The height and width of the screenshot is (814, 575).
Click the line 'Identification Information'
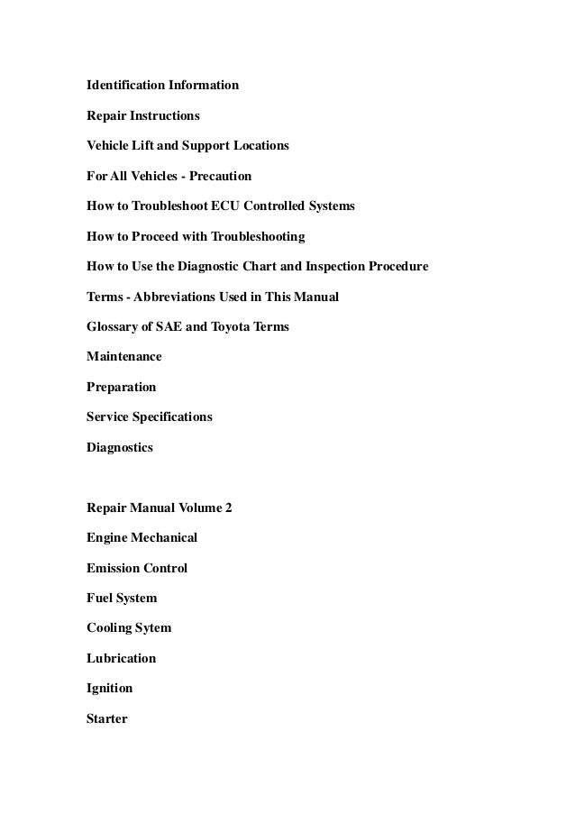tap(162, 86)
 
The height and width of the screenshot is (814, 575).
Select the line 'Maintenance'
tap(124, 357)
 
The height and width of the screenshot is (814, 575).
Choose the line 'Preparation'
tap(121, 388)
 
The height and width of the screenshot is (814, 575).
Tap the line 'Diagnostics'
tap(120, 447)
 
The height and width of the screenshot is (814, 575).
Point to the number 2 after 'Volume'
tap(228, 508)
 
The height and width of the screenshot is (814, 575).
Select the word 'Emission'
tap(113, 568)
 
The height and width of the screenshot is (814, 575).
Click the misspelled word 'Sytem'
tap(152, 628)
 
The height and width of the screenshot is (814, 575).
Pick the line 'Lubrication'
tap(121, 658)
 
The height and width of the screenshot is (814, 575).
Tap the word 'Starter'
tap(107, 718)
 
